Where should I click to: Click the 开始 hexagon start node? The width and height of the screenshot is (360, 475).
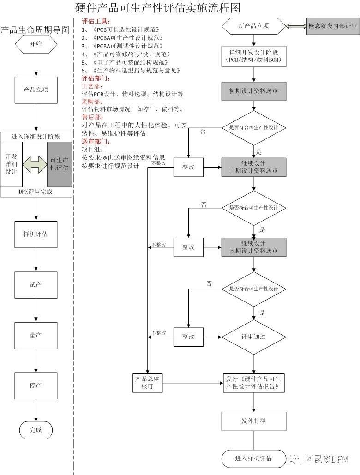click(36, 44)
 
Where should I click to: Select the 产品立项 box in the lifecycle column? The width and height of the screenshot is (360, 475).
click(36, 90)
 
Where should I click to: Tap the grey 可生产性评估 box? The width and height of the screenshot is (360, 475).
click(60, 164)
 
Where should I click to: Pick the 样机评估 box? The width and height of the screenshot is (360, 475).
click(36, 234)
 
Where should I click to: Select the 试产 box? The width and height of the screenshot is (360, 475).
click(36, 285)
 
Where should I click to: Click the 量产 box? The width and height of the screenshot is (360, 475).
click(36, 335)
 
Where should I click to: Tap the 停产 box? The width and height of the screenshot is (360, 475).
click(36, 386)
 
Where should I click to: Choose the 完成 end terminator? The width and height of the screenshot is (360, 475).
click(36, 430)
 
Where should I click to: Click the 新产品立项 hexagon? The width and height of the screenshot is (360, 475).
click(253, 26)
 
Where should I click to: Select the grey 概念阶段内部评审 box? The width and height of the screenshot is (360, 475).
click(332, 26)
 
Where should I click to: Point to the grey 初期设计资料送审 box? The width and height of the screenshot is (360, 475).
click(253, 91)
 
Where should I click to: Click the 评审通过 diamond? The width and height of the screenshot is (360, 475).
click(253, 337)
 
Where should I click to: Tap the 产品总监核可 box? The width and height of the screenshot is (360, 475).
click(147, 383)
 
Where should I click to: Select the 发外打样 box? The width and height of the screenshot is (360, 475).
click(253, 421)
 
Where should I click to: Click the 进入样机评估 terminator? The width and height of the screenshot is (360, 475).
click(253, 458)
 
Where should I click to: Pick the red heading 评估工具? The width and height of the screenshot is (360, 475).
click(96, 22)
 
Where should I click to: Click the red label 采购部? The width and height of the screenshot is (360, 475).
click(92, 102)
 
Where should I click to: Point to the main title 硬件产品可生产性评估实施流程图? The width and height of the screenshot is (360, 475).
click(158, 7)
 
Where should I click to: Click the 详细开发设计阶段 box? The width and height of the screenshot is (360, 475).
click(253, 55)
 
